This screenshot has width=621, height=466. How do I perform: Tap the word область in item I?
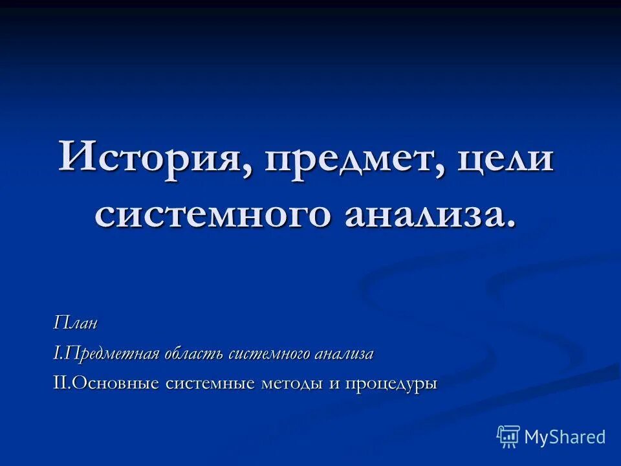coord(193,354)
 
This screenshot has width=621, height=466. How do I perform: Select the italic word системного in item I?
coord(271,354)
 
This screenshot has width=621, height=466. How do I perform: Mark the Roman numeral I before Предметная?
coord(56,354)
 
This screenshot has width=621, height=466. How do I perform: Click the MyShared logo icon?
coord(508,437)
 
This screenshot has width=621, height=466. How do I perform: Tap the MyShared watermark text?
coord(565,438)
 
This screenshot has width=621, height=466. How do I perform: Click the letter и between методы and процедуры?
coord(334,384)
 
